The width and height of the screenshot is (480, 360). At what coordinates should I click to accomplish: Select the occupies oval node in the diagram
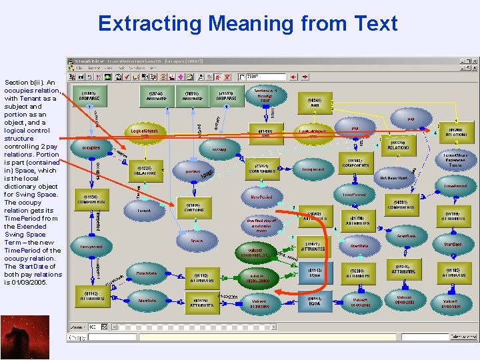91,147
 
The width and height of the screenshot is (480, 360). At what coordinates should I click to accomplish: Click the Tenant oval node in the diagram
144,210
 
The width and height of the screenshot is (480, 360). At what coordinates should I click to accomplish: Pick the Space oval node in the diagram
197,241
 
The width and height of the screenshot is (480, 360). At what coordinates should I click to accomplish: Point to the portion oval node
193,171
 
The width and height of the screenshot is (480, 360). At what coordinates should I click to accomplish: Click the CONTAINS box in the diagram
194,207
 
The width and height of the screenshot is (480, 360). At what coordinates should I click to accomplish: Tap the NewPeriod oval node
261,197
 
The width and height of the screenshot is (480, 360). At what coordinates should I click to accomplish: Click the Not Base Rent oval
394,178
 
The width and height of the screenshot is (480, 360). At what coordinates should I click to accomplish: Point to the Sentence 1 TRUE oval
265,93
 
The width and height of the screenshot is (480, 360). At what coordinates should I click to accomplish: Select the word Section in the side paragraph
16,82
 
